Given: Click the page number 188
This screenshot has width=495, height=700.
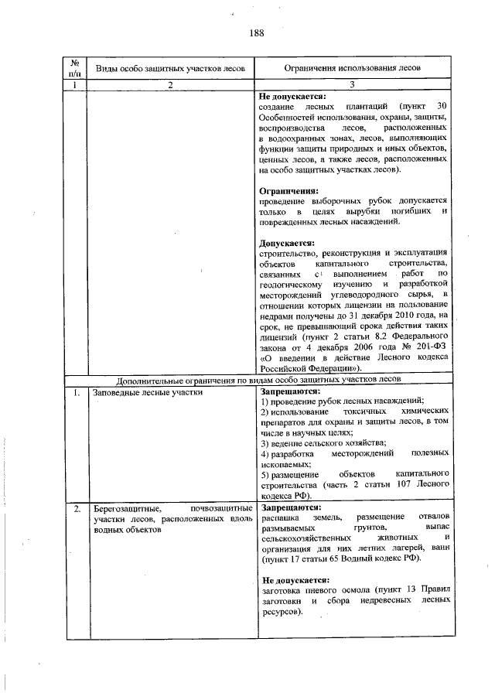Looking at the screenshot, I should pos(258,33).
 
